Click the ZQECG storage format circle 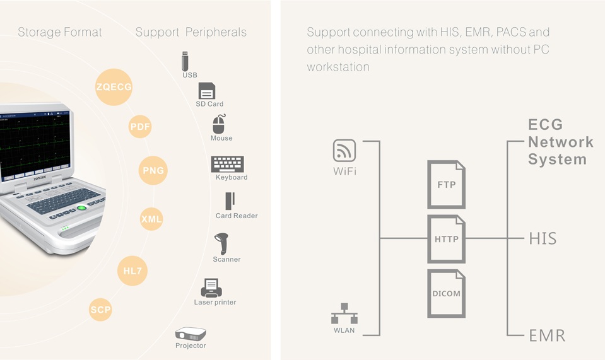pyautogui.click(x=114, y=87)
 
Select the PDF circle pyautogui.click(x=140, y=127)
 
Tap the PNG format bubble pyautogui.click(x=153, y=170)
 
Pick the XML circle pyautogui.click(x=151, y=219)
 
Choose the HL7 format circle pyautogui.click(x=132, y=271)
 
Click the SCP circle pyautogui.click(x=100, y=309)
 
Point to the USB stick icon pyautogui.click(x=185, y=61)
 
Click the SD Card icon pyautogui.click(x=206, y=91)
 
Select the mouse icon pyautogui.click(x=219, y=124)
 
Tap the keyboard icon pyautogui.click(x=228, y=164)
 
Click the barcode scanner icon pyautogui.click(x=222, y=243)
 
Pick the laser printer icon pyautogui.click(x=211, y=287)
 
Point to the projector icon pyautogui.click(x=190, y=334)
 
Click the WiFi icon pyautogui.click(x=344, y=151)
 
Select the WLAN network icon pyautogui.click(x=344, y=314)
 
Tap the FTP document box pyautogui.click(x=447, y=185)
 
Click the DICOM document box pyautogui.click(x=447, y=293)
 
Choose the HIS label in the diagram pyautogui.click(x=543, y=238)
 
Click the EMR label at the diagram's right pyautogui.click(x=547, y=335)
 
